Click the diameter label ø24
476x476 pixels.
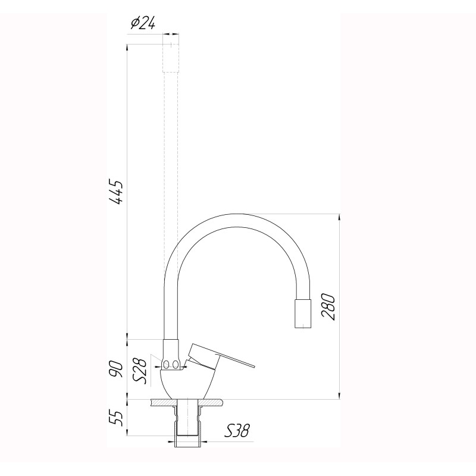142,23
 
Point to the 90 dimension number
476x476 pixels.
117,369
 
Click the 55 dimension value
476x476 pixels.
117,417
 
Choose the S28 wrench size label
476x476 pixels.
140,369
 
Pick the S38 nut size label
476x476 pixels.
237,430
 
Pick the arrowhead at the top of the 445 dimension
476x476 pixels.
128,48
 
